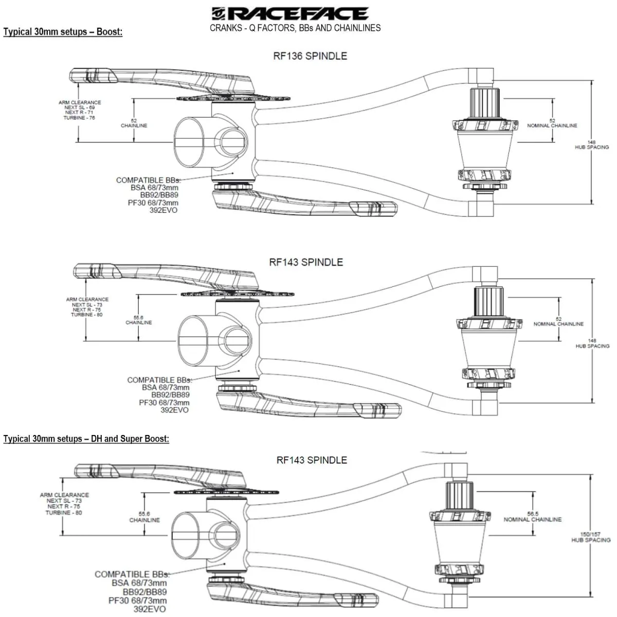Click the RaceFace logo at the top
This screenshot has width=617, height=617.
[x=290, y=13]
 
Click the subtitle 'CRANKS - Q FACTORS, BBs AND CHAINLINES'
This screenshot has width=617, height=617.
[x=295, y=28]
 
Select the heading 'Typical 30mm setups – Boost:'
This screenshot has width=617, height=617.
[x=63, y=32]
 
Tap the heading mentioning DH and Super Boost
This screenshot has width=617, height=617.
[x=86, y=439]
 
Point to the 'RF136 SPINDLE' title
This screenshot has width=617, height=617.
[x=310, y=56]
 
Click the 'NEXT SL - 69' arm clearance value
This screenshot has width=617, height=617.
[x=80, y=107]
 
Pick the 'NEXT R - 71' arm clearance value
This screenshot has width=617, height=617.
[x=80, y=113]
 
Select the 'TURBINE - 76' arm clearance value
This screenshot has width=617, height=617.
[x=80, y=118]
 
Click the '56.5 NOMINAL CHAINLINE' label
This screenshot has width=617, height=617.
[x=532, y=517]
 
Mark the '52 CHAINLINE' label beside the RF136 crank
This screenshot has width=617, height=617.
[x=134, y=123]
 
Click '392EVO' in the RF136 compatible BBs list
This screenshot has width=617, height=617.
[x=164, y=210]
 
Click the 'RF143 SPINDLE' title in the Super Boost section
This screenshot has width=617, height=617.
[x=312, y=460]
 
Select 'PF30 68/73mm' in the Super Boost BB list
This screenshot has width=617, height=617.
[x=137, y=601]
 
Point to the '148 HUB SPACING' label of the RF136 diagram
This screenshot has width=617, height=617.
[x=591, y=144]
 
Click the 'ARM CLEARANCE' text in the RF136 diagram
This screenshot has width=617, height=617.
[x=80, y=102]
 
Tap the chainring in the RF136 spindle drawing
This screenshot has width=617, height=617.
[x=234, y=98]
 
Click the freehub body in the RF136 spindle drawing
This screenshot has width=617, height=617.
[x=484, y=98]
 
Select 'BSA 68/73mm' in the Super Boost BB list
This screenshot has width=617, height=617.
[x=139, y=583]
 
